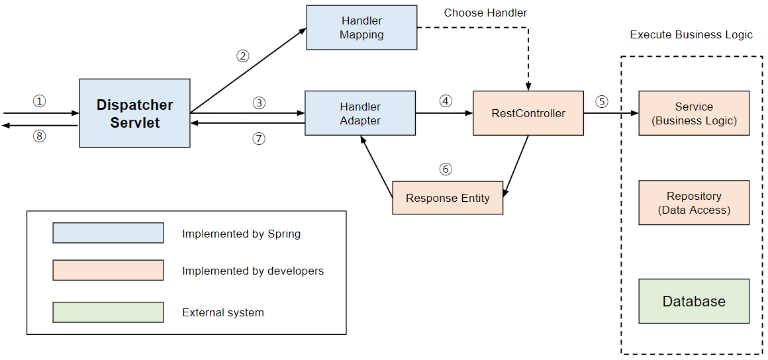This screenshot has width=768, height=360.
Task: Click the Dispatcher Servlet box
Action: coord(134,113)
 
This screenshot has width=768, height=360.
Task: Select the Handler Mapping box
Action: coord(361,28)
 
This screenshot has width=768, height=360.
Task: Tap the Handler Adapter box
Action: coord(360,113)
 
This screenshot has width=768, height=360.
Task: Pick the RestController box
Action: coord(528,113)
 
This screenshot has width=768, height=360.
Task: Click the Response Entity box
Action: coord(448,198)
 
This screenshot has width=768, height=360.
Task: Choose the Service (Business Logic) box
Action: coord(694,113)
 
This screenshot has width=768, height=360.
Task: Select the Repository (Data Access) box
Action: coord(694,203)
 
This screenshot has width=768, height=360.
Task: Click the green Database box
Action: coord(694,301)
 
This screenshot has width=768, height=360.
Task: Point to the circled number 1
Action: coord(40,101)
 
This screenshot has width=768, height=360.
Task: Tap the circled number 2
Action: coord(243,56)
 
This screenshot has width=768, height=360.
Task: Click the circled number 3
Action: coord(259,103)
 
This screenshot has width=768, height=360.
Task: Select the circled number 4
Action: coord(446,101)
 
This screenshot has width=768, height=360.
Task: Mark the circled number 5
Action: coord(601,101)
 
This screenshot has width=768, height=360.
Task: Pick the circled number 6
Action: coord(446,169)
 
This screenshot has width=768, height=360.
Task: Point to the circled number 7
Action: coord(259,139)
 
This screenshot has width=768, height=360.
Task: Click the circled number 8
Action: coord(40,137)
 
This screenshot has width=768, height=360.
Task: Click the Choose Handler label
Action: coord(485,13)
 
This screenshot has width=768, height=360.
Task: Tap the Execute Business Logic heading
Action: coord(691,34)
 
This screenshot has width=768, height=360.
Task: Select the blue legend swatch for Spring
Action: coord(108,233)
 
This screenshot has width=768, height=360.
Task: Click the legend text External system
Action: coord(222,312)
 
